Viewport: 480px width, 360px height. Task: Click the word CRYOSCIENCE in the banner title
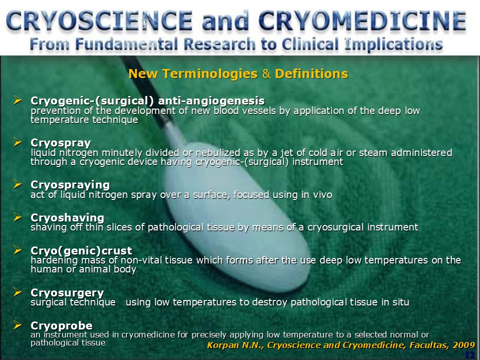click(x=99, y=21)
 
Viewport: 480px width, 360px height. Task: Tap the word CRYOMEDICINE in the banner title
click(x=362, y=21)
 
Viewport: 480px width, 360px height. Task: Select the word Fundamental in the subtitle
click(x=126, y=44)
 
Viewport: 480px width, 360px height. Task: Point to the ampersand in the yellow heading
click(x=266, y=74)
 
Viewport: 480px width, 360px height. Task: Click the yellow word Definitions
click(x=311, y=74)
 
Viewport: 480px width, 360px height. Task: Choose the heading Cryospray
click(x=61, y=143)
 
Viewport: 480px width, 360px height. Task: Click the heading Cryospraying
click(x=70, y=185)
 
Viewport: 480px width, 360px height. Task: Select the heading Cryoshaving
click(x=67, y=217)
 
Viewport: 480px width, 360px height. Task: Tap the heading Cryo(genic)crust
click(x=81, y=250)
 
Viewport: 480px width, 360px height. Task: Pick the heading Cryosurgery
click(x=67, y=293)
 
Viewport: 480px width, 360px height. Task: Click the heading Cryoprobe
click(x=61, y=325)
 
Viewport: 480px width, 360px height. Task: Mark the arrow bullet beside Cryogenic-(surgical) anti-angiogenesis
click(x=18, y=100)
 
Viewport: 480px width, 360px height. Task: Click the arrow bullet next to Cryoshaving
click(x=18, y=217)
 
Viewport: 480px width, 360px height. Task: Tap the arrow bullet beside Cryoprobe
click(x=18, y=325)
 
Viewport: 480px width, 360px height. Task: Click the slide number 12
click(x=469, y=355)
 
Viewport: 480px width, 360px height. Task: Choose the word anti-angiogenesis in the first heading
click(x=211, y=100)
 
